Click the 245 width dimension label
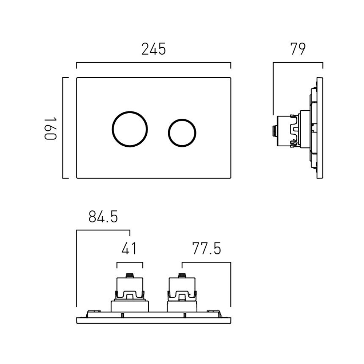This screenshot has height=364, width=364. tap(154, 49)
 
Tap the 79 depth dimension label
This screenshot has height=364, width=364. tap(298, 49)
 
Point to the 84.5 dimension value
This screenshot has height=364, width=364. tap(103, 217)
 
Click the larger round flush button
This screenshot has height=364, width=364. tap(130, 129)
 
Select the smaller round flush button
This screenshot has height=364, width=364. tap(182, 132)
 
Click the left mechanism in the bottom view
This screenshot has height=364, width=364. tap(129, 293)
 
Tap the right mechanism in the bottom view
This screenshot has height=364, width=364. tap(182, 293)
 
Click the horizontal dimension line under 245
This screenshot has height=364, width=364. tap(154, 63)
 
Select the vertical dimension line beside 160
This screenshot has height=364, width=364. tap(63, 128)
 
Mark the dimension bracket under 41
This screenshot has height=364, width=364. tap(129, 262)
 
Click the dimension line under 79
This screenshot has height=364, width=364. tap(298, 63)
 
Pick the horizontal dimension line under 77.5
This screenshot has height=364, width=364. tap(206, 262)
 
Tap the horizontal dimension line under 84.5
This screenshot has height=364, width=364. tap(103, 230)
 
